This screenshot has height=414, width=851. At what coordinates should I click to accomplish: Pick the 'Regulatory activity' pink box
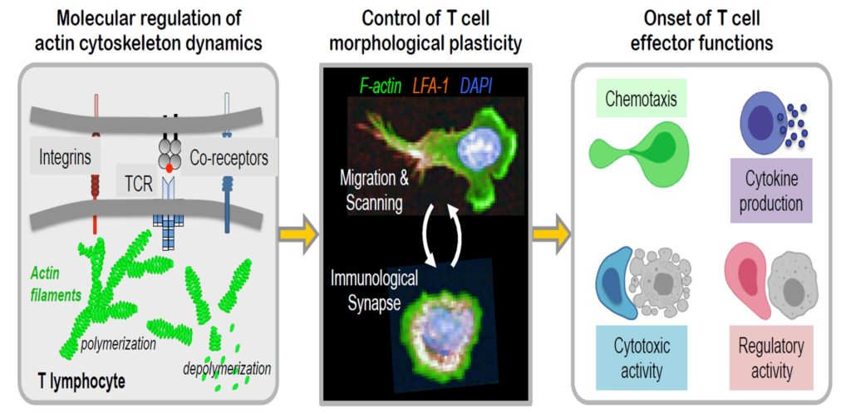tap(766, 357)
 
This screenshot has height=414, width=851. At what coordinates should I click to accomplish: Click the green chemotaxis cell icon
tap(640, 153)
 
